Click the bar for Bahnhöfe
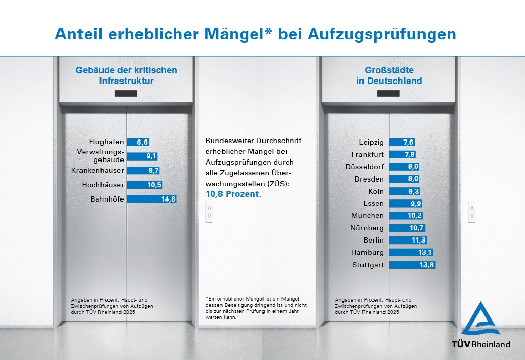click(151, 199)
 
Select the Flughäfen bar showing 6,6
click(138, 143)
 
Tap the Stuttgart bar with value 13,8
click(412, 265)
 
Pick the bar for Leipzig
click(401, 142)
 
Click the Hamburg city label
click(367, 252)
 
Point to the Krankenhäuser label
click(97, 171)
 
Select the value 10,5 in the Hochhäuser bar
click(154, 185)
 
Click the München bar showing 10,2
click(406, 216)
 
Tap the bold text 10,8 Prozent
click(233, 194)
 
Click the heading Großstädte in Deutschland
click(389, 75)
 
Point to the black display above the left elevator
click(126, 94)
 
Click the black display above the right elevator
click(388, 94)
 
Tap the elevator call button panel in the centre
click(209, 212)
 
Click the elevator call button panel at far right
click(472, 212)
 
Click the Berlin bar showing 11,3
click(408, 240)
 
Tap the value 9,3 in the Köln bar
click(413, 191)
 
